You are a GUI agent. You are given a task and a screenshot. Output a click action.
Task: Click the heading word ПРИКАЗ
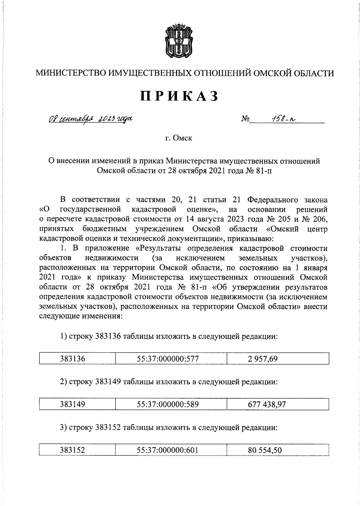[179, 96]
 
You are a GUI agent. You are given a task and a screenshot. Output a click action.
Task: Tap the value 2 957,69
[262, 359]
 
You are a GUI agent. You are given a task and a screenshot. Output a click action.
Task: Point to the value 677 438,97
[267, 404]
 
